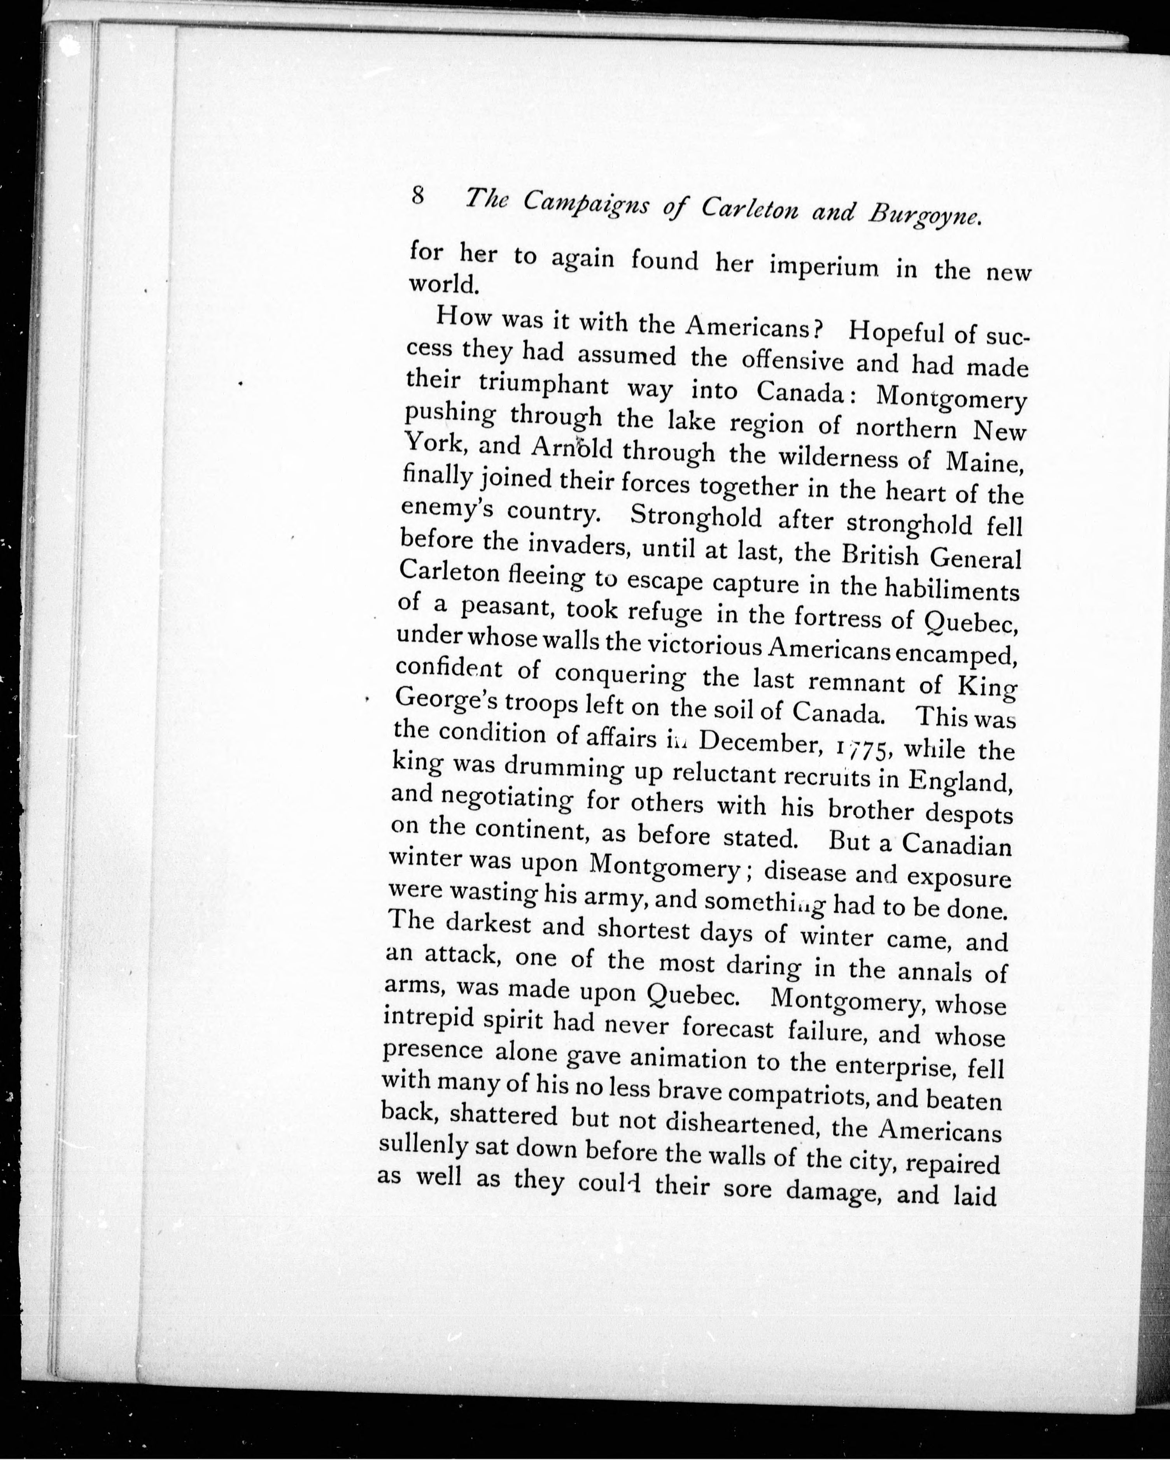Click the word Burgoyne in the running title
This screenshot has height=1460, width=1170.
point(925,214)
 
